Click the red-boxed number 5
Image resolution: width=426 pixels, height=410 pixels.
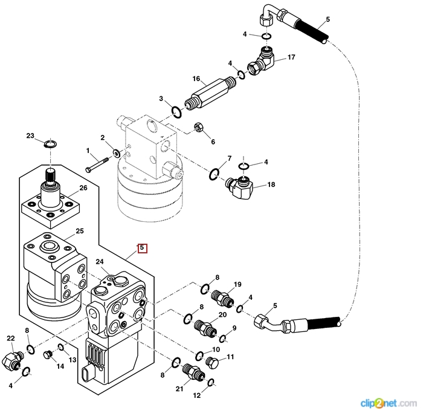(x=142, y=248)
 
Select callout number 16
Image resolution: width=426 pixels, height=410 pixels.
(x=196, y=79)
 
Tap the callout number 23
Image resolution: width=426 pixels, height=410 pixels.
(x=30, y=136)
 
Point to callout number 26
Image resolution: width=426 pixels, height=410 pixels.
(x=83, y=188)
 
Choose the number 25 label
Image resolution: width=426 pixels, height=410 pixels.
(x=79, y=232)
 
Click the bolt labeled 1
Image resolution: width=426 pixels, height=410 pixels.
(x=97, y=163)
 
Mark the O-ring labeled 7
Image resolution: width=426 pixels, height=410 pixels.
(x=215, y=175)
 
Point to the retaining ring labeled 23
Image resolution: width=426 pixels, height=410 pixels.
(x=50, y=143)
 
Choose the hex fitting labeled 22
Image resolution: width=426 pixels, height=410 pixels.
(x=12, y=362)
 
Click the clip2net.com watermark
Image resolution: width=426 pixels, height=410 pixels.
(x=388, y=402)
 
